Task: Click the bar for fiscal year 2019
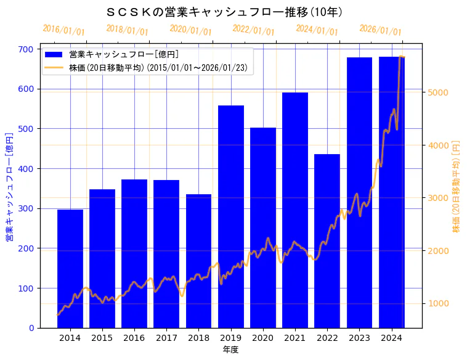point(230,216)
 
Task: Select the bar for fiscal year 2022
point(327,241)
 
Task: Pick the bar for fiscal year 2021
point(295,210)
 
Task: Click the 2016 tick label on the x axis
point(134,337)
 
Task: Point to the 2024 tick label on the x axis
point(391,337)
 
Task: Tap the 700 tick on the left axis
point(26,49)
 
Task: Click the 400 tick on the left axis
point(26,169)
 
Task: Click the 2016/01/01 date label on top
point(64,30)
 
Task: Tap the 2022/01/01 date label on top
point(253,30)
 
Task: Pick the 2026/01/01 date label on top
point(380,30)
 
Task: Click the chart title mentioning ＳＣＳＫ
point(225,12)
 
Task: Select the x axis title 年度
point(230,350)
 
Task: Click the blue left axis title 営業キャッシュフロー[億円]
point(9,187)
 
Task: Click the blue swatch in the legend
point(54,55)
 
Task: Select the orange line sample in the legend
point(54,68)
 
